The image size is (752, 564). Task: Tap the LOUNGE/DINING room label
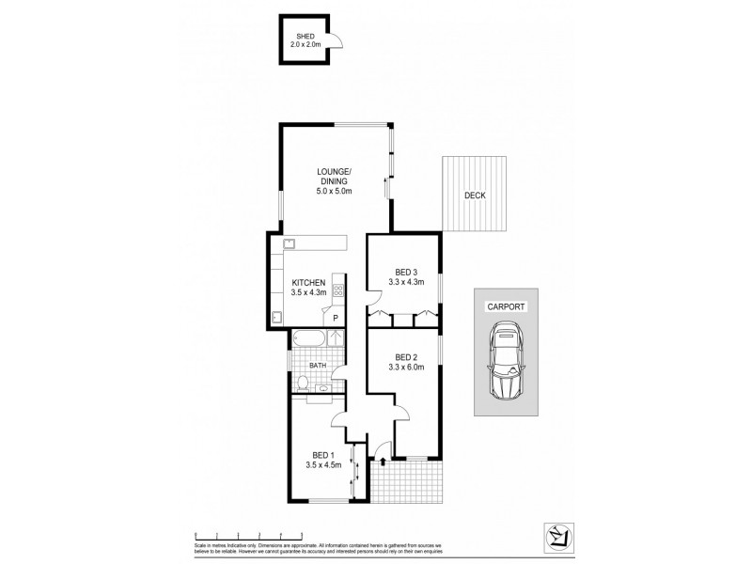coord(333,175)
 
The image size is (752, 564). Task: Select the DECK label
coord(475,196)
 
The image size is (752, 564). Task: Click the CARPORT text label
coord(505,306)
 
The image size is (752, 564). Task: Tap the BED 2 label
coord(406,357)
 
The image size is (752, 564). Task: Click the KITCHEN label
coord(308,282)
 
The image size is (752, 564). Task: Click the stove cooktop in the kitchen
coord(338,290)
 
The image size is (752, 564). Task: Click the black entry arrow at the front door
coord(382,460)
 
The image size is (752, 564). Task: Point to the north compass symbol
coord(558,533)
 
